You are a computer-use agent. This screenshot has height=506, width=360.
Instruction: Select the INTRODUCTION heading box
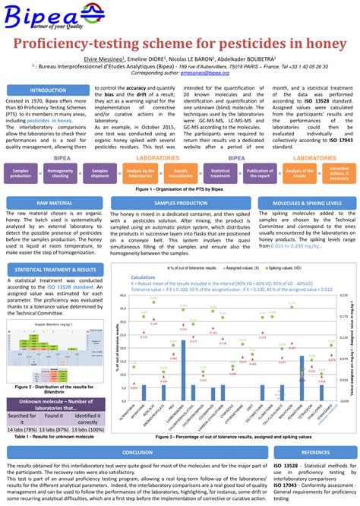tap(47, 90)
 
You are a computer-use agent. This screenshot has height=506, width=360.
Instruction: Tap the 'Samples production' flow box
tap(21, 174)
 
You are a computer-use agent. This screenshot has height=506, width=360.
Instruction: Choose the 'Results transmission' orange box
tap(181, 174)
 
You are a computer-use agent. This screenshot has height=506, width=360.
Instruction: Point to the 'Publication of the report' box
tap(261, 174)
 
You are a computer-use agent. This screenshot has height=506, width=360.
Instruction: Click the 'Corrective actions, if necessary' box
tap(339, 174)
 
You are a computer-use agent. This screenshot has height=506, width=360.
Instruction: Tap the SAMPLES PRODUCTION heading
tap(181, 204)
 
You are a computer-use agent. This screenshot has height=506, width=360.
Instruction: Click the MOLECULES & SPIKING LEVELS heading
tap(306, 204)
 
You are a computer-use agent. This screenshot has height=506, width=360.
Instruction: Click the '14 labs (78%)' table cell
tap(21, 429)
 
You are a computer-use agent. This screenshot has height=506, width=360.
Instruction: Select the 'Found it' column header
tap(54, 416)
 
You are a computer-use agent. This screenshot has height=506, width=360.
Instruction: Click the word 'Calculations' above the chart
tap(144, 279)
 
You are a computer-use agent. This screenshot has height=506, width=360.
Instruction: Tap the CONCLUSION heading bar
tap(137, 452)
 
